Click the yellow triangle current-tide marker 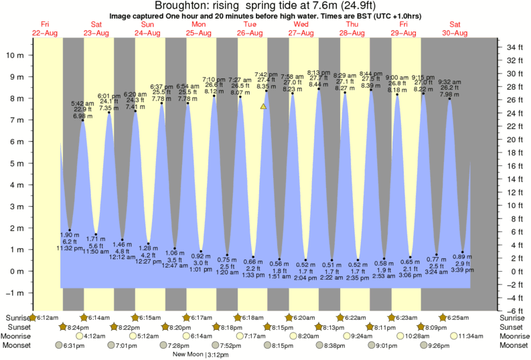click(x=264, y=106)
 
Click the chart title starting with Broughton click(x=265, y=6)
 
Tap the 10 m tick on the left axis click(x=15, y=56)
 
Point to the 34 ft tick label click(x=514, y=48)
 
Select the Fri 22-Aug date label click(x=45, y=28)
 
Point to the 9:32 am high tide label click(x=449, y=82)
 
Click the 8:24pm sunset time click(x=78, y=327)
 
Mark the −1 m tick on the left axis click(x=15, y=293)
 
